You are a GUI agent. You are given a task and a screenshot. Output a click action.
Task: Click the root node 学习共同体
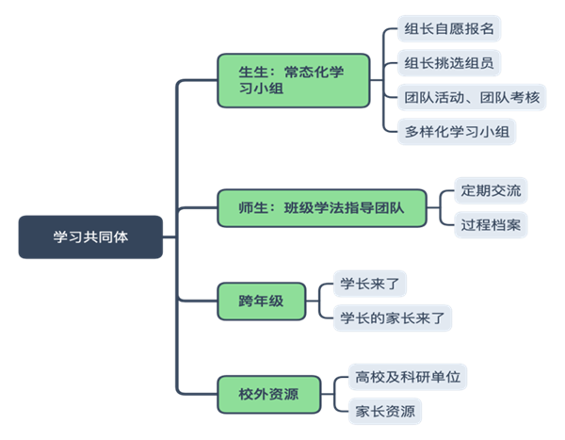90,236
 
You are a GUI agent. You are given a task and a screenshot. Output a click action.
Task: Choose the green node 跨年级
261,301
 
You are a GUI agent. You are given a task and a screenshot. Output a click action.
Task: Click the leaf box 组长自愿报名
447,28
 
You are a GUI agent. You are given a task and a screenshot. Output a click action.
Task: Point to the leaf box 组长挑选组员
447,63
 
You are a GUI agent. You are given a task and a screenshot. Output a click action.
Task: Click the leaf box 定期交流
490,191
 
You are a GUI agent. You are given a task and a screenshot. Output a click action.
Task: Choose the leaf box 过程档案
490,225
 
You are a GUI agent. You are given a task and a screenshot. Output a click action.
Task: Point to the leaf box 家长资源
383,411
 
